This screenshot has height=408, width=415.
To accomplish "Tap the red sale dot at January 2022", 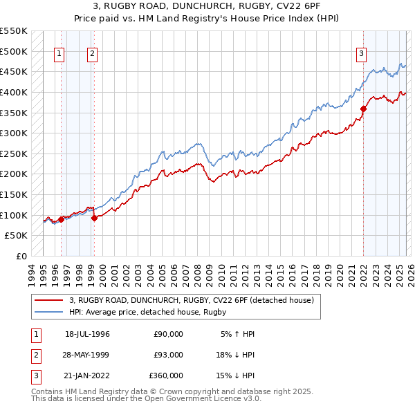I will tap(363, 108).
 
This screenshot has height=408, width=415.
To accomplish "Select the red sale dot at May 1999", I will tap(94, 218).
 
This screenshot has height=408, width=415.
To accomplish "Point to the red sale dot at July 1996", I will tap(61, 219).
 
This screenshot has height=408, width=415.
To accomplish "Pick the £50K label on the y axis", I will tap(17, 236).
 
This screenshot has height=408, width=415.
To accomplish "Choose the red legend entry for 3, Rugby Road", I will tap(192, 300).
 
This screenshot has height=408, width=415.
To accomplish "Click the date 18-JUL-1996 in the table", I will tap(87, 334).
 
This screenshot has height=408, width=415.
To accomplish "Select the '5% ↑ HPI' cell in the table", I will tap(237, 334).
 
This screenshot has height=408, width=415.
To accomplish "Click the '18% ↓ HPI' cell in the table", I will tap(235, 355).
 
